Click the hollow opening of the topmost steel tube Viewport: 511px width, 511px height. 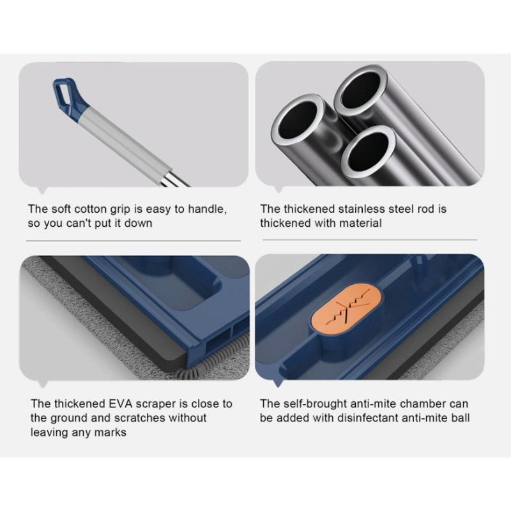(360, 90)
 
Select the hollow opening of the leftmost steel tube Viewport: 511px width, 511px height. (298, 119)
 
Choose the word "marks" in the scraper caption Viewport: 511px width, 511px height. (110, 432)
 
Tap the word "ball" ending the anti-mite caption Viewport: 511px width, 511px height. (461, 418)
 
